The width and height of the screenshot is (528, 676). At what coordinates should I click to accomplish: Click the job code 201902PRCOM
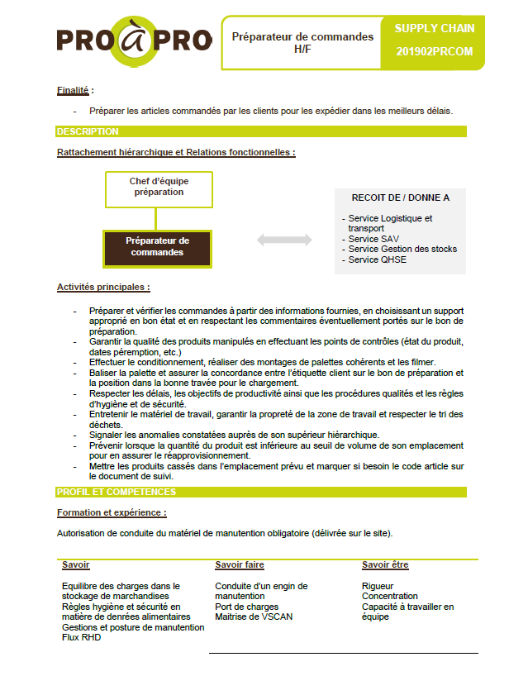(435, 51)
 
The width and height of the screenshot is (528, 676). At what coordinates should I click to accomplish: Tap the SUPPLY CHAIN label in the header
(435, 28)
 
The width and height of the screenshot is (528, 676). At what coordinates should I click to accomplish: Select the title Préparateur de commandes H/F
(302, 43)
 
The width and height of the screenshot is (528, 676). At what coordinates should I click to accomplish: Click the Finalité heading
(74, 90)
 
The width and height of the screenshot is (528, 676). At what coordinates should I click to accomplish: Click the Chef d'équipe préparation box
(159, 188)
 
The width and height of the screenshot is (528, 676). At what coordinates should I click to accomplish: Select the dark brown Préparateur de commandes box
(157, 246)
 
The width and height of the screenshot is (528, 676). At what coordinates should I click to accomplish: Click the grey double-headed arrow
(284, 240)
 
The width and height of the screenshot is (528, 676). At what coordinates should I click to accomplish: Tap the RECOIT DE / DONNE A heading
(401, 198)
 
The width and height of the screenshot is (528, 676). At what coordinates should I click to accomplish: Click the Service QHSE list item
(377, 259)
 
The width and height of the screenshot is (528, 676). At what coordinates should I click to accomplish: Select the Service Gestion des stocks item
(402, 249)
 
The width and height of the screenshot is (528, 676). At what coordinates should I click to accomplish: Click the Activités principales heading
(103, 288)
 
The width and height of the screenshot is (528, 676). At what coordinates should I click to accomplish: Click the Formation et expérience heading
(112, 513)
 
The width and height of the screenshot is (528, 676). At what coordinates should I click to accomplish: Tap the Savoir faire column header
(240, 565)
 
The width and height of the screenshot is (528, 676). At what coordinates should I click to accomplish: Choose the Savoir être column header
(385, 565)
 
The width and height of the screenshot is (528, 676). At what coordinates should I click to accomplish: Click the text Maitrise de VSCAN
(254, 616)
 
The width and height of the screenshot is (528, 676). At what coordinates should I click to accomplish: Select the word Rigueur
(378, 586)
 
